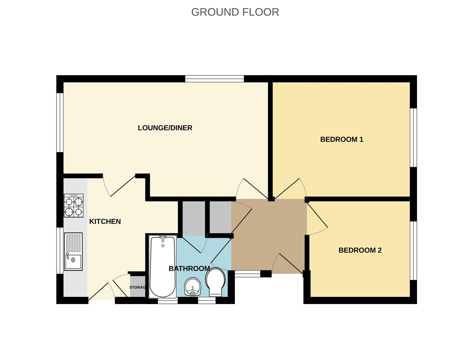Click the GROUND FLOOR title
[235, 12]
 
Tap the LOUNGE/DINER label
[165, 128]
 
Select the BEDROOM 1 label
[342, 139]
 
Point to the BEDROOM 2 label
[360, 250]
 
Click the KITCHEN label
[105, 221]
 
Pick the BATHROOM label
[189, 269]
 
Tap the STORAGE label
[137, 287]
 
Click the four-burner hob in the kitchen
[73, 206]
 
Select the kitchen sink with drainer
[73, 251]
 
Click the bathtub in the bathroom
[163, 267]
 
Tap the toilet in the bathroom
[215, 282]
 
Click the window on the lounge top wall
[214, 79]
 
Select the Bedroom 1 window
[413, 137]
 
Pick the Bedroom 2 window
[413, 251]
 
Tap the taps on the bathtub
[163, 238]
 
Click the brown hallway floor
[269, 233]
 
